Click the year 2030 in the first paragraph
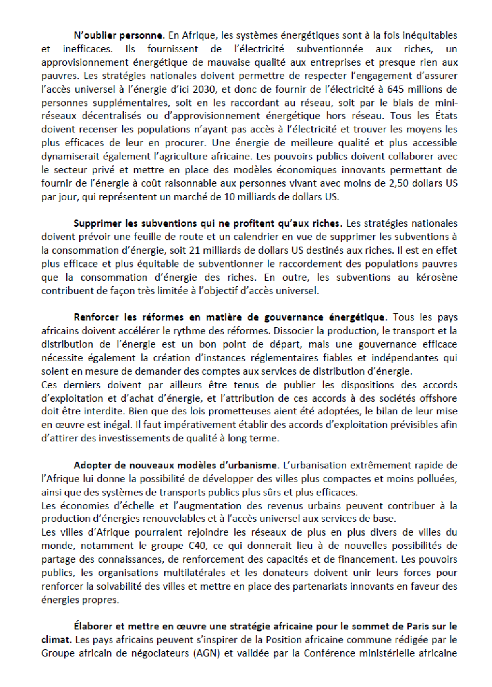click(x=205, y=89)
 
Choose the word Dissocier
click(x=293, y=331)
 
